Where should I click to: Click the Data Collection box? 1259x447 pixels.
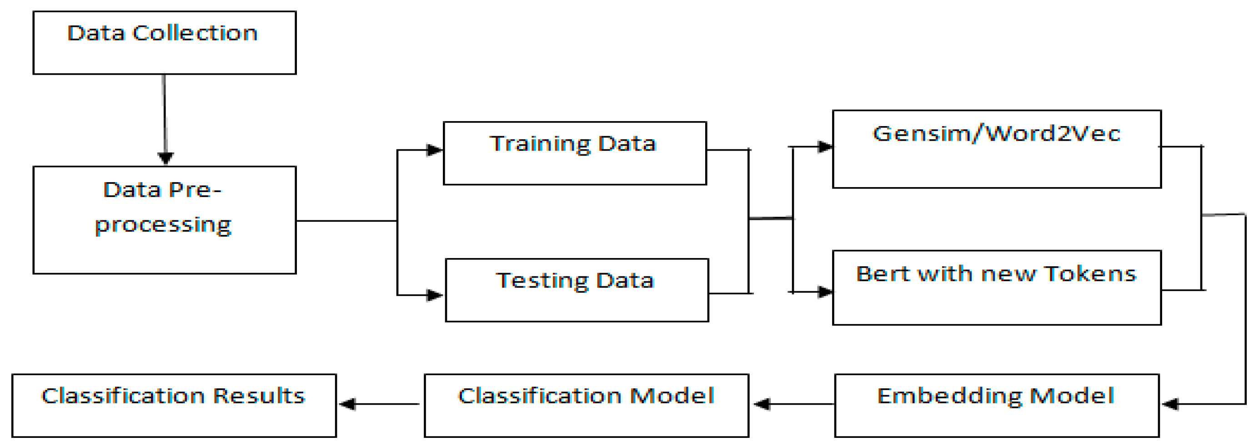click(164, 43)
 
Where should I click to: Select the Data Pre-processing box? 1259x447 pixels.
click(164, 220)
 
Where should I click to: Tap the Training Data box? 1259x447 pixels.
click(574, 153)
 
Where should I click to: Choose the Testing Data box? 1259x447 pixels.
click(577, 290)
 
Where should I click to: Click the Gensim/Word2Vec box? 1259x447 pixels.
click(997, 149)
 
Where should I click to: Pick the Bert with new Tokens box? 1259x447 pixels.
click(997, 288)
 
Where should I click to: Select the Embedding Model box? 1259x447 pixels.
click(997, 406)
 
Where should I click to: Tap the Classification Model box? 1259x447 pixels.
click(586, 406)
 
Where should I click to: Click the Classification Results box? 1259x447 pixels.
click(174, 406)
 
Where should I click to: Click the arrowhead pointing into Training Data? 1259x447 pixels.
click(434, 150)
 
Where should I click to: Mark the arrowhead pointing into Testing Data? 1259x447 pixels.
click(434, 295)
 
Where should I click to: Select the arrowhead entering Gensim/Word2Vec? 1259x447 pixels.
click(824, 146)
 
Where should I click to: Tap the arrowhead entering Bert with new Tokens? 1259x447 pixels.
click(824, 292)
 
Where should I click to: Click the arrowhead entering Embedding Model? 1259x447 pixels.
click(1170, 404)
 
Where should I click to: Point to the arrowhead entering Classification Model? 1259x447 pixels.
click(762, 404)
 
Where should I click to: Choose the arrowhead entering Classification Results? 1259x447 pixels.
click(347, 404)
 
